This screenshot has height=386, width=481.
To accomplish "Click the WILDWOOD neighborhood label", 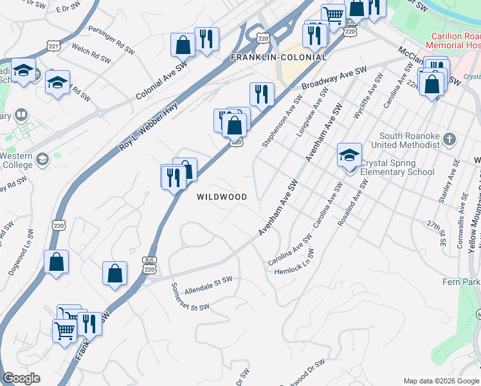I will [222, 197].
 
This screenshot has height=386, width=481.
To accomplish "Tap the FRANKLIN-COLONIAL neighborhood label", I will [278, 57].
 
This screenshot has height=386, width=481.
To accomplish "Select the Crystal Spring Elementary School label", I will [397, 167].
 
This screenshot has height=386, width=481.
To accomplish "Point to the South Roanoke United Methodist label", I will [409, 140].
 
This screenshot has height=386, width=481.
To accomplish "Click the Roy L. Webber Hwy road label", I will [148, 129].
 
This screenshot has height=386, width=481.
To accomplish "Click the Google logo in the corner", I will [21, 378].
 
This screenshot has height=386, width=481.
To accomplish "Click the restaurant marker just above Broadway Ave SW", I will [262, 94].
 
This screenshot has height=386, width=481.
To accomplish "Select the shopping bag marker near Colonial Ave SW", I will [183, 45].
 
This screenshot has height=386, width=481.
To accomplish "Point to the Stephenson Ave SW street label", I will [281, 122].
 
